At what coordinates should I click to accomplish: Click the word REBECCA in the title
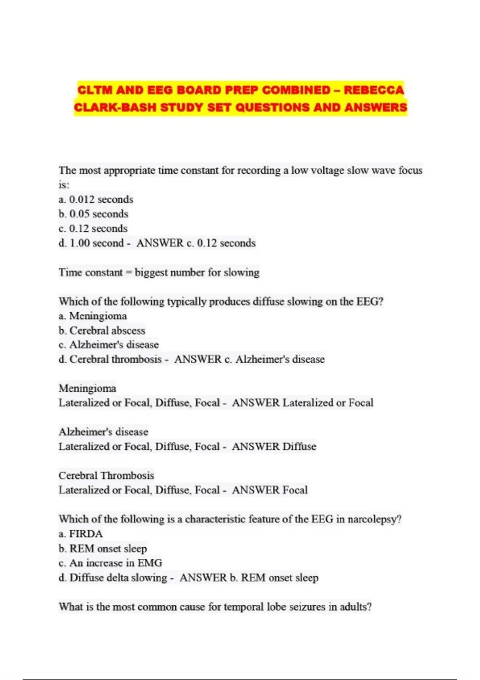coord(374,90)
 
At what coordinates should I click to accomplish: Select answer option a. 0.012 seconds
coord(96,199)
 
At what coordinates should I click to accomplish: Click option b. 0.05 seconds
coord(94,214)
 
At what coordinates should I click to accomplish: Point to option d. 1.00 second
coord(91,243)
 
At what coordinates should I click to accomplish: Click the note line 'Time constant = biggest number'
coord(159,272)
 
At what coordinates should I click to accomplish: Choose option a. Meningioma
coord(93,316)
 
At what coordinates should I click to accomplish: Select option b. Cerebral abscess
coord(102,330)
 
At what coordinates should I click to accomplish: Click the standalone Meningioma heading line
coord(87,388)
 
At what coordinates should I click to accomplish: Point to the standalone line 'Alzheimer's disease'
coord(103,432)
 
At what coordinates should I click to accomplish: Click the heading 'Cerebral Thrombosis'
coord(106,475)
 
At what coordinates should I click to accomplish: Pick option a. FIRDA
coord(81,534)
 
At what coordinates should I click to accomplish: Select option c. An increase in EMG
coord(110,563)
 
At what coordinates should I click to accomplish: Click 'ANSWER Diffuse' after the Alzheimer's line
coord(274,446)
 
